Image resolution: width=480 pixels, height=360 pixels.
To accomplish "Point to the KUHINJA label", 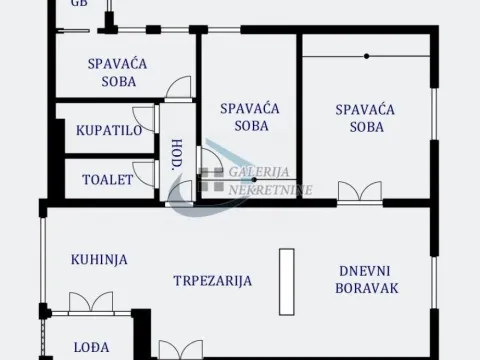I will (99, 259).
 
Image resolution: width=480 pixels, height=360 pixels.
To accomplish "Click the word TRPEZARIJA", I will (211, 281).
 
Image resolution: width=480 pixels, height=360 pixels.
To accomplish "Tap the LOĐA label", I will (92, 348).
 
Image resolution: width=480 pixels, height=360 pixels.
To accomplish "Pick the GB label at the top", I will (79, 4).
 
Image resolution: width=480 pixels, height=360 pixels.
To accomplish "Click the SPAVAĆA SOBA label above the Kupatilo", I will (118, 72).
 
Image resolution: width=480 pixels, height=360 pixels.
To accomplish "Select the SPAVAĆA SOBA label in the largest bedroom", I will (367, 117).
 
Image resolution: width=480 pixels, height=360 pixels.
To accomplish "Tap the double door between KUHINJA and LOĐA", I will (92, 301).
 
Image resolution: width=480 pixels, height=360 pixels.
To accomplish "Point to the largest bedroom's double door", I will (359, 191).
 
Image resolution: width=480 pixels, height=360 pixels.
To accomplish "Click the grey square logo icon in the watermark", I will (211, 180).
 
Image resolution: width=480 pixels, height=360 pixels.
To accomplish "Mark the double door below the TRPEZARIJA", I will (180, 349).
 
